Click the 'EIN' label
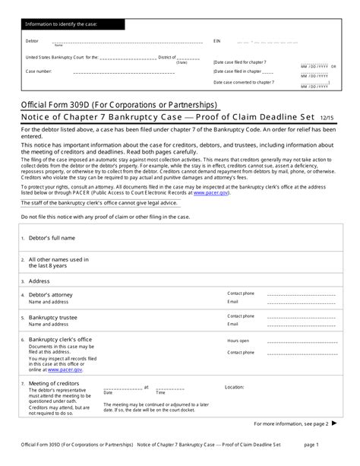216,40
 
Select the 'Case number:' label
39,71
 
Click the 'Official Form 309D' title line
118,104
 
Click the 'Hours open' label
238,341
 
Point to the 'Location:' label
235,387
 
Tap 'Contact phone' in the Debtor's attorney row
241,293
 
